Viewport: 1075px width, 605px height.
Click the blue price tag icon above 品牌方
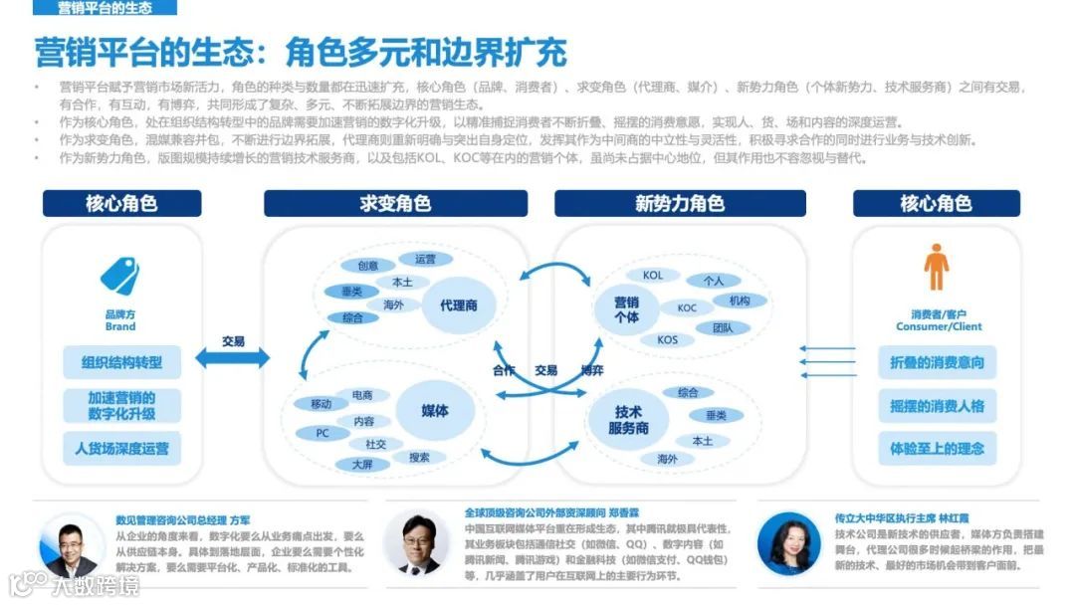point(119,276)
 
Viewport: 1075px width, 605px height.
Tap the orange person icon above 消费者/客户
point(936,268)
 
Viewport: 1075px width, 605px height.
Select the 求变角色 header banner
point(395,204)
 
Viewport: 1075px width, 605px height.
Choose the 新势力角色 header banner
point(679,204)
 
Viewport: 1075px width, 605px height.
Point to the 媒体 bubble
point(435,410)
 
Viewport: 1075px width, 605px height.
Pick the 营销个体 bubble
point(626,308)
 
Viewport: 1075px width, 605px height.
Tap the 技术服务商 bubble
point(628,419)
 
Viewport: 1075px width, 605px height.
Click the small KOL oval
point(653,276)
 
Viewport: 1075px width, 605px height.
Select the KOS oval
point(667,340)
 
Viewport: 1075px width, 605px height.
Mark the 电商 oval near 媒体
point(362,396)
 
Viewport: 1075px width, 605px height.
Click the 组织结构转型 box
point(121,362)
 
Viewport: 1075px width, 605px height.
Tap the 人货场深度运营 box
point(121,448)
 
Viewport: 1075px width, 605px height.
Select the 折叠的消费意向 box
point(936,362)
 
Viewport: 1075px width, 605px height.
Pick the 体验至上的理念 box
point(936,448)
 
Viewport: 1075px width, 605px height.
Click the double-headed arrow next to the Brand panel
point(232,357)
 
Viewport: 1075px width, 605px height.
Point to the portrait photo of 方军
point(68,546)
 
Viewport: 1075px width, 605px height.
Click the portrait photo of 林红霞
point(788,543)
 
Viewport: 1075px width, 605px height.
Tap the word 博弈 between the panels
point(592,370)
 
